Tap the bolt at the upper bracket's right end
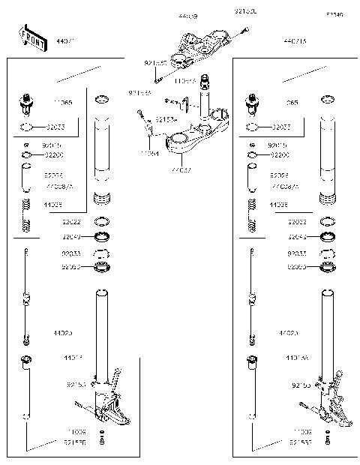(x=244, y=31)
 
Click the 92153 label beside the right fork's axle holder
(x=302, y=384)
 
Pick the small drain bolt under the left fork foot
(x=102, y=442)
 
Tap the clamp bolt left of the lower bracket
(x=139, y=115)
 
